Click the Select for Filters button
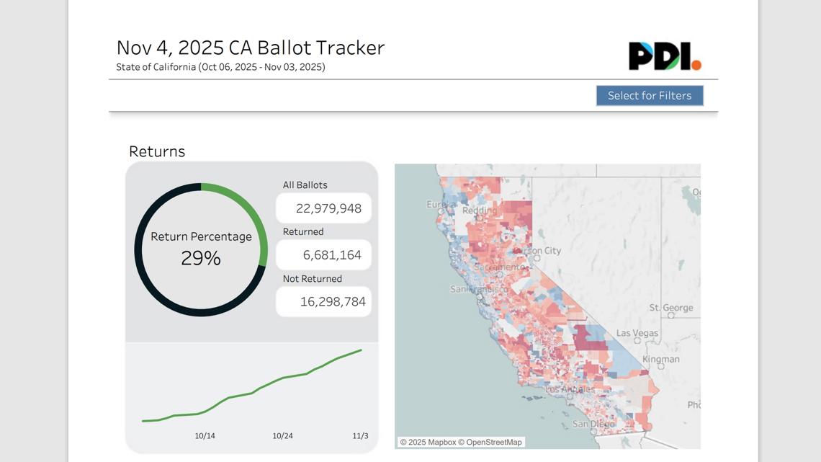pyautogui.click(x=650, y=96)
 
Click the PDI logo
pyautogui.click(x=664, y=56)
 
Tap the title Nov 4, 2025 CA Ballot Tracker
pyautogui.click(x=251, y=48)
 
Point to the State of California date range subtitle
pyautogui.click(x=220, y=67)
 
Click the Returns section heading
pyautogui.click(x=157, y=151)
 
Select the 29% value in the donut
pyautogui.click(x=201, y=258)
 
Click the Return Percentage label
pyautogui.click(x=201, y=236)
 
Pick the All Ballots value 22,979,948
pyautogui.click(x=328, y=208)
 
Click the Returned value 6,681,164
pyautogui.click(x=332, y=255)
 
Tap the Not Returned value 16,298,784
pyautogui.click(x=333, y=302)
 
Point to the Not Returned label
pyautogui.click(x=312, y=279)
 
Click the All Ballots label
pyautogui.click(x=305, y=185)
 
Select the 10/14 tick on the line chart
pyautogui.click(x=205, y=436)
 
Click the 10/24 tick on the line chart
pyautogui.click(x=282, y=436)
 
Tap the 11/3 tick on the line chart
pyautogui.click(x=360, y=436)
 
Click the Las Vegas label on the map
pyautogui.click(x=637, y=334)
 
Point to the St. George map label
pyautogui.click(x=670, y=308)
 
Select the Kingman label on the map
pyautogui.click(x=660, y=359)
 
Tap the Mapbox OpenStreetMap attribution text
pyautogui.click(x=461, y=442)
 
